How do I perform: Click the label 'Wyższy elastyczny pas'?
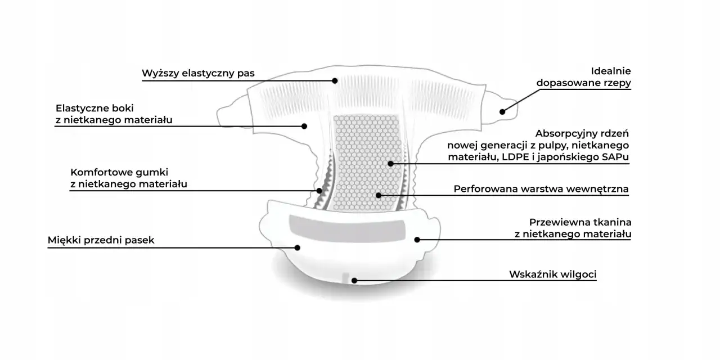[198, 73]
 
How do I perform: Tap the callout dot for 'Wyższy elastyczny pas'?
[335, 80]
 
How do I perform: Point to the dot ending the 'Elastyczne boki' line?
[304, 127]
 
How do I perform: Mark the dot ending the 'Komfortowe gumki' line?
[319, 191]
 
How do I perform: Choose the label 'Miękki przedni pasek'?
[101, 240]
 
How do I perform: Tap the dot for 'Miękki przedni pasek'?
[298, 248]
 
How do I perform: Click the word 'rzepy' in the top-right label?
[616, 83]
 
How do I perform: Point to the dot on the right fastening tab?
[502, 112]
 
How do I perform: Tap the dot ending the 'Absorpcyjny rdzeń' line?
[390, 164]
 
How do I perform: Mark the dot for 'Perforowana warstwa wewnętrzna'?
[379, 195]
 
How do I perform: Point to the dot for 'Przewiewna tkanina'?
[417, 240]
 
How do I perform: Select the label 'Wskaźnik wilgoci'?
[553, 274]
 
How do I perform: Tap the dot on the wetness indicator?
[354, 281]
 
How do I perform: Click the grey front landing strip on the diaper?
[347, 228]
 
